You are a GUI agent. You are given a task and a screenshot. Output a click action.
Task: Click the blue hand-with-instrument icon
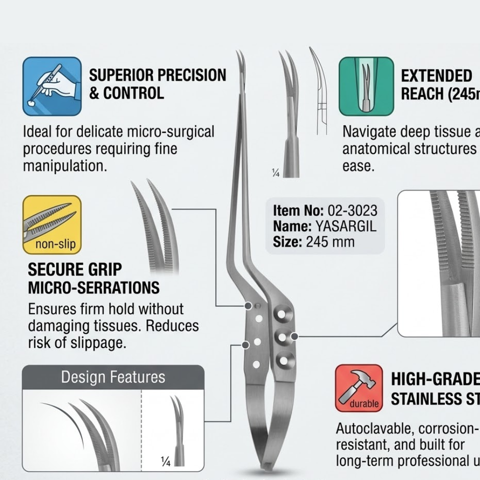tap(52, 86)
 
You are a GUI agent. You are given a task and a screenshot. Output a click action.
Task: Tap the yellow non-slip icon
tap(52, 224)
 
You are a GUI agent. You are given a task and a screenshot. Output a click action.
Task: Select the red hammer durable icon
tap(358, 388)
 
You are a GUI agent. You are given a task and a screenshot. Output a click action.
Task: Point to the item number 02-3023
tap(352, 210)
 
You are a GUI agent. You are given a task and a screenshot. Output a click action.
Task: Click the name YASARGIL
tap(345, 226)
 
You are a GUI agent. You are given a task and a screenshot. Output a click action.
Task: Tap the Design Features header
tap(113, 377)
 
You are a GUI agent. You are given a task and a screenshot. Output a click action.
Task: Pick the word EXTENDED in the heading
tap(436, 75)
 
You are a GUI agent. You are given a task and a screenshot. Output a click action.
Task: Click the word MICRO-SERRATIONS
tap(94, 287)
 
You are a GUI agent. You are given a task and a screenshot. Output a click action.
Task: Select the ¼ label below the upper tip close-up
tap(275, 173)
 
